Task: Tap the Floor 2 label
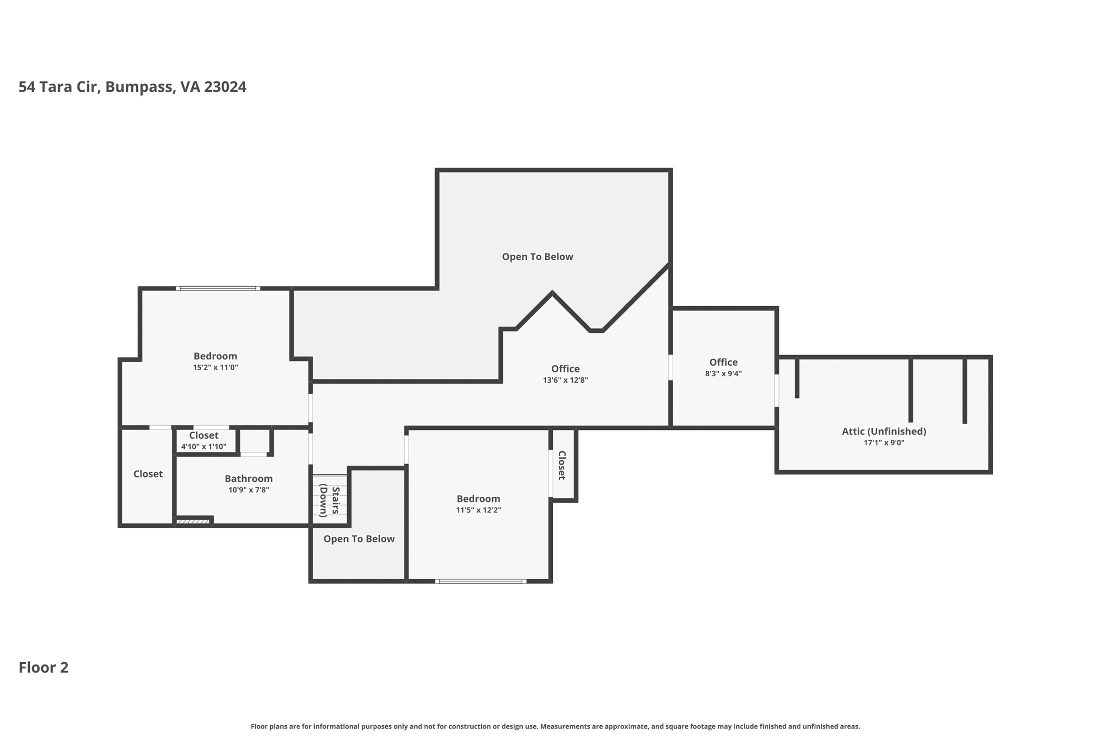click(x=43, y=668)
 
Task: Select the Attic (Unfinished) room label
click(x=884, y=432)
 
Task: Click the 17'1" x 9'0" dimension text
click(x=884, y=443)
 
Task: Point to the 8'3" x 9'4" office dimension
click(x=723, y=374)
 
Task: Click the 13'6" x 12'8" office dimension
click(x=565, y=381)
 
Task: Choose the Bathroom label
click(x=248, y=479)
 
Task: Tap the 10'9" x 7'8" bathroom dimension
click(x=248, y=490)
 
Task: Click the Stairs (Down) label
click(x=329, y=501)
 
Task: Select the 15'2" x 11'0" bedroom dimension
click(x=215, y=368)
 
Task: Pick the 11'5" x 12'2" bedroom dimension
click(x=478, y=510)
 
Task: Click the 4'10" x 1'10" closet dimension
click(x=203, y=447)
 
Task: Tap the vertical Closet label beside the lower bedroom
click(x=562, y=465)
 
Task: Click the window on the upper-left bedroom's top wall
click(x=218, y=288)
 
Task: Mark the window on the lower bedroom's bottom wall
click(x=481, y=581)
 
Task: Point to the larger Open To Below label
click(x=537, y=257)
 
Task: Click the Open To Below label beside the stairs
click(x=359, y=539)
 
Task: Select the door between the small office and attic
click(x=776, y=390)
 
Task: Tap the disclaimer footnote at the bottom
click(x=555, y=726)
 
